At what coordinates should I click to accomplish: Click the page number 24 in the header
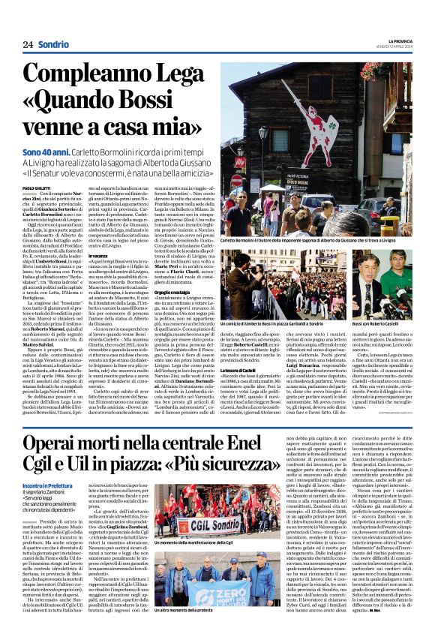point(28,45)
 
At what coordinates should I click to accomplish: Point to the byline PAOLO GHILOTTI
point(37,188)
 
